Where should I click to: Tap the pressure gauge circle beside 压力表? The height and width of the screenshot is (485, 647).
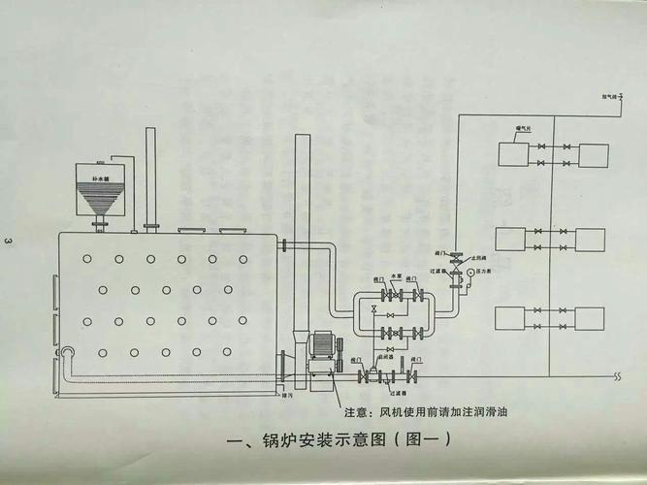click(469, 273)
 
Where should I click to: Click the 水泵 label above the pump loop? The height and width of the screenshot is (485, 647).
click(397, 275)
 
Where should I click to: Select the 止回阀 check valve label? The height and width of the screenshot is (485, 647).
click(475, 257)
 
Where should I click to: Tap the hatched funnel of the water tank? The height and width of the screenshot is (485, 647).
click(101, 202)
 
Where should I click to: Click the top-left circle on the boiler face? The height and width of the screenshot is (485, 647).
click(87, 259)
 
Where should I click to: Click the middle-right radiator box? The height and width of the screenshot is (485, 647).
click(592, 238)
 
